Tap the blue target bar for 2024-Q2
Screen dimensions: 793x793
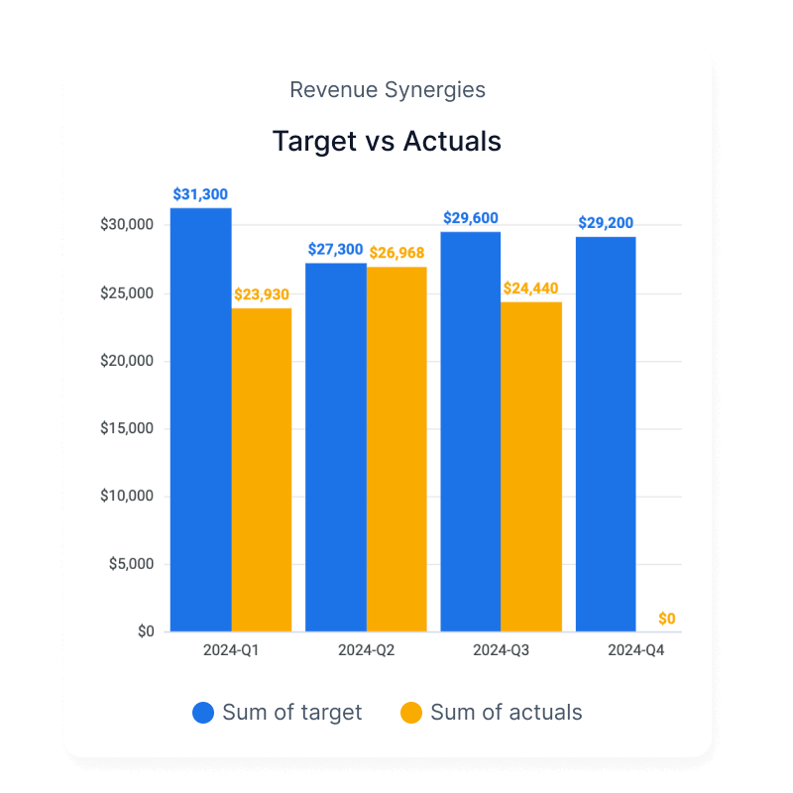pyautogui.click(x=336, y=447)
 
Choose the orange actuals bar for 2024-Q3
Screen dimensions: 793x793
pyautogui.click(x=531, y=466)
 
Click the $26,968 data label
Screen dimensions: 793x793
pyautogui.click(x=397, y=253)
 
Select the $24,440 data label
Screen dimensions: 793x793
pyautogui.click(x=531, y=288)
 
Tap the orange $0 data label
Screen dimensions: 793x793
pyautogui.click(x=667, y=619)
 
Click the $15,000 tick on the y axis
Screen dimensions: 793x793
pyautogui.click(x=127, y=429)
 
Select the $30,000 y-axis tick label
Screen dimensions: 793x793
pyautogui.click(x=127, y=225)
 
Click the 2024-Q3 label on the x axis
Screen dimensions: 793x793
pyautogui.click(x=501, y=651)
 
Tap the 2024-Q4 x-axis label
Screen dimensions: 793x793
pyautogui.click(x=635, y=651)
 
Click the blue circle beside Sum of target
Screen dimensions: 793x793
pyautogui.click(x=203, y=713)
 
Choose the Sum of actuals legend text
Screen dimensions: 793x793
pyautogui.click(x=506, y=713)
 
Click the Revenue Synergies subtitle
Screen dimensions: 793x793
pyautogui.click(x=388, y=90)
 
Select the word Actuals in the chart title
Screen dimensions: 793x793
pyautogui.click(x=452, y=141)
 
